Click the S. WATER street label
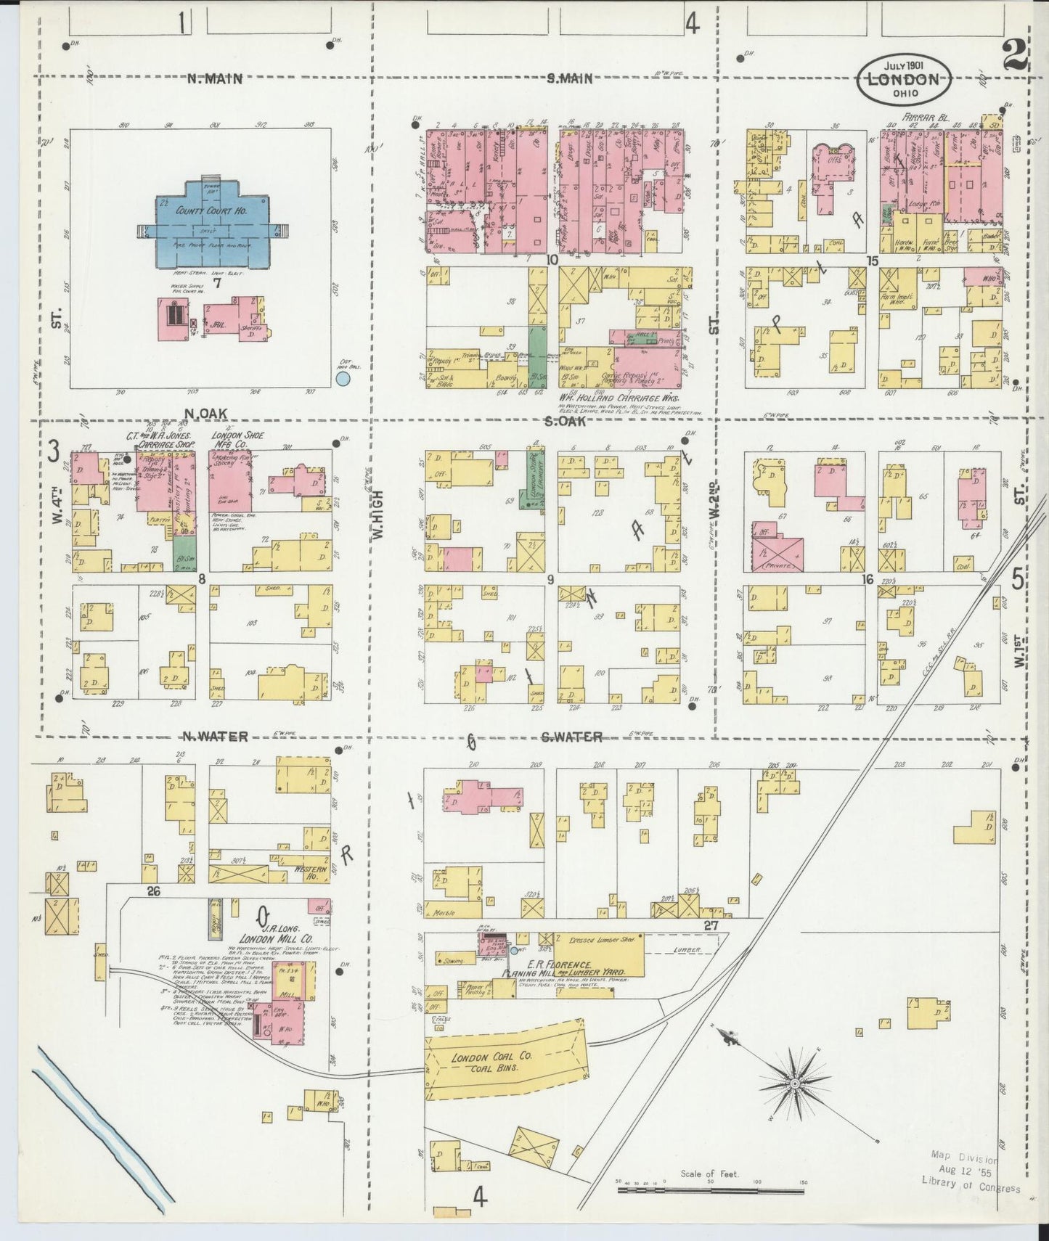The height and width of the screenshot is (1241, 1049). [571, 737]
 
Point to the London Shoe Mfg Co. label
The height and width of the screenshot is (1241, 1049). [238, 440]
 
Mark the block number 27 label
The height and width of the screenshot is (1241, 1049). [711, 926]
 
